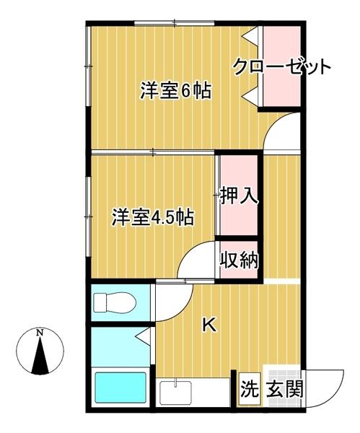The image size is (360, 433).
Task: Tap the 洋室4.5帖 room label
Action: click(x=152, y=217)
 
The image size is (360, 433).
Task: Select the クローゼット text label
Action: click(x=282, y=68)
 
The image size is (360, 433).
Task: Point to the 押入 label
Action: click(x=239, y=196)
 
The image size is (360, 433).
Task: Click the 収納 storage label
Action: click(x=239, y=259)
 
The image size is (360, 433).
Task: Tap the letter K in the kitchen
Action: click(x=208, y=325)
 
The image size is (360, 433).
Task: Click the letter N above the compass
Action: click(x=41, y=333)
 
